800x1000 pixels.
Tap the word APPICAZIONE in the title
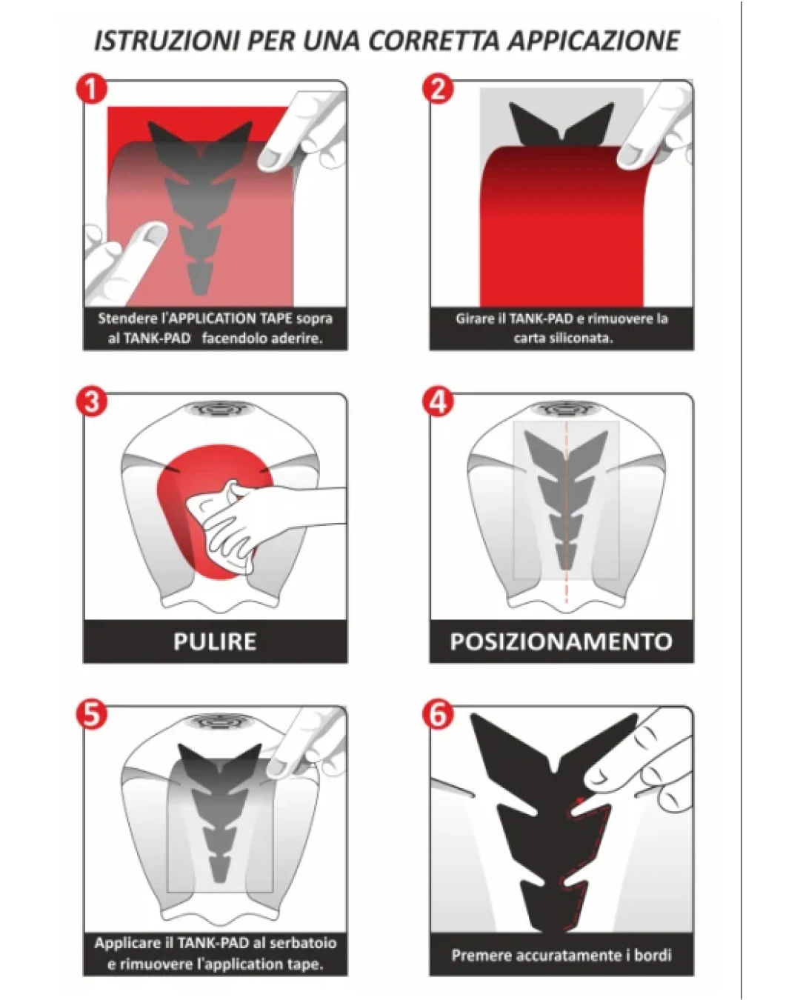tap(593, 40)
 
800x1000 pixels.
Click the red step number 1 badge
tap(92, 88)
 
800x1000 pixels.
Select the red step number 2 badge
tap(438, 88)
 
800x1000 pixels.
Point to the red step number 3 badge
tap(92, 401)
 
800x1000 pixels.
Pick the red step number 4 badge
tap(438, 401)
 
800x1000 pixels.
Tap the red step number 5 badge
tap(92, 714)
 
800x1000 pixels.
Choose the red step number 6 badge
tap(438, 714)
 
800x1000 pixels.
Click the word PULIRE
tap(215, 641)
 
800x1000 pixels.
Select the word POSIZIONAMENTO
tap(561, 641)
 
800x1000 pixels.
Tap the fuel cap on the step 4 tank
tap(566, 410)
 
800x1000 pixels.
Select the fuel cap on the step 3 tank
tap(220, 410)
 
